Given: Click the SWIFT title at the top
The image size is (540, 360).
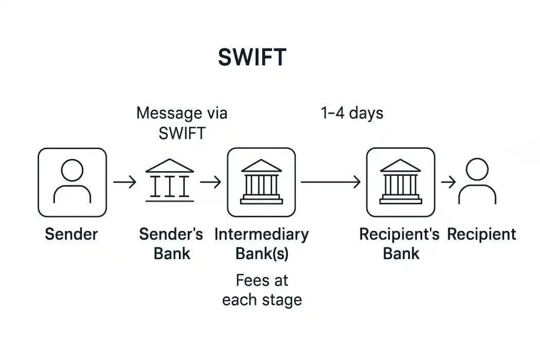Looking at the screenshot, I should click(x=251, y=58).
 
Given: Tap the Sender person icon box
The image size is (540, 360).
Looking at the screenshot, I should click(x=72, y=182).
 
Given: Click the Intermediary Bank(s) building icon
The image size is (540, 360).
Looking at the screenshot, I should click(x=261, y=182).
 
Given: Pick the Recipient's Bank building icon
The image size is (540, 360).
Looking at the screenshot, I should click(x=400, y=182).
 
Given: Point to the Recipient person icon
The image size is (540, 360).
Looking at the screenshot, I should click(x=477, y=181).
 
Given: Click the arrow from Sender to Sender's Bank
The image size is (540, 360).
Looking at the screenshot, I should click(x=124, y=182).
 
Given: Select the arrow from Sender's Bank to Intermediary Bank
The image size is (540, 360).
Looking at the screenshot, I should click(x=211, y=182).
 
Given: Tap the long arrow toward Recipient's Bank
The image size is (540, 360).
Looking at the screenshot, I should click(x=330, y=182).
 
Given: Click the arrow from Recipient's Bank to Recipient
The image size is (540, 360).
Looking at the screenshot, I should click(x=448, y=182).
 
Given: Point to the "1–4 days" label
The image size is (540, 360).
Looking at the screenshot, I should click(x=352, y=113).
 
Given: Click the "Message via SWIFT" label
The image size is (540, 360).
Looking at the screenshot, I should click(x=182, y=123).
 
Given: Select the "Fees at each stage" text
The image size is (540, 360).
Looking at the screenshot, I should click(x=262, y=290).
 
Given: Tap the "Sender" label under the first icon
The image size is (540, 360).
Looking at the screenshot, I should click(x=71, y=235).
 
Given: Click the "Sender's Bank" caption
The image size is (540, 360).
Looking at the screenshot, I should click(x=171, y=244).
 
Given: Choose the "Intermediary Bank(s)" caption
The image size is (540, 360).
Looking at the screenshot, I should click(x=261, y=244).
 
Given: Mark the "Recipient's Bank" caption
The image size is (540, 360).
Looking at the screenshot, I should click(x=400, y=244).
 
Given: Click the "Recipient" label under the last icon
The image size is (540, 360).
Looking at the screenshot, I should click(x=481, y=235).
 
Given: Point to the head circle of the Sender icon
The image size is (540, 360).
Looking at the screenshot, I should click(x=72, y=170).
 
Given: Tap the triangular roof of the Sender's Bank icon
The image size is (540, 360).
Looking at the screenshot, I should click(x=170, y=166).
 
